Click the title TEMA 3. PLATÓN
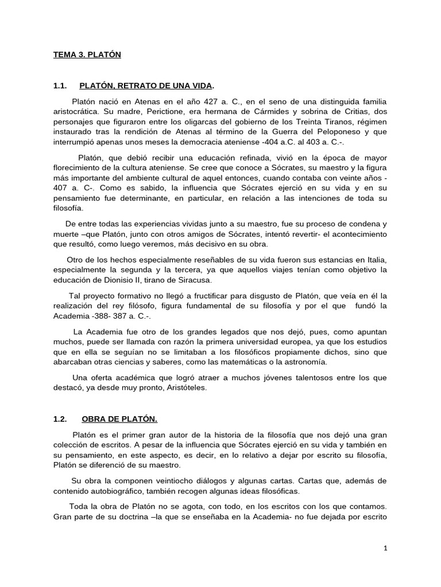pyautogui.click(x=87, y=55)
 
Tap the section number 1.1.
pyautogui.click(x=61, y=86)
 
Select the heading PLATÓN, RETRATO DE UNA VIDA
pyautogui.click(x=146, y=86)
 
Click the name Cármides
pyautogui.click(x=265, y=111)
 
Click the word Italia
pyautogui.click(x=376, y=260)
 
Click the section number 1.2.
pyautogui.click(x=61, y=419)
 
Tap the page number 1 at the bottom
pyautogui.click(x=386, y=549)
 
